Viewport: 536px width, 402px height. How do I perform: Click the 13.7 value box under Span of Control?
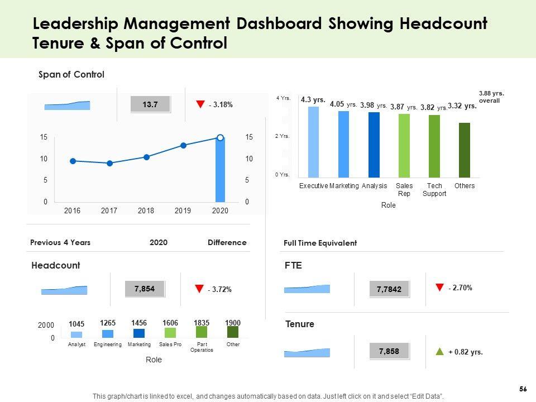point(150,104)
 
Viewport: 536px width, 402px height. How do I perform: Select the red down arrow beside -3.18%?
point(200,104)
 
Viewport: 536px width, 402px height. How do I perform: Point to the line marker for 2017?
point(109,163)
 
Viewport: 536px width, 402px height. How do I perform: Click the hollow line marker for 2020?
point(220,137)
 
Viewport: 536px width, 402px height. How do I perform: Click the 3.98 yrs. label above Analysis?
point(374,105)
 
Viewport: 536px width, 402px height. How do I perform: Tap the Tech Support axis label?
point(434,189)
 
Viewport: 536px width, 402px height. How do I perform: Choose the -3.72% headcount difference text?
point(219,289)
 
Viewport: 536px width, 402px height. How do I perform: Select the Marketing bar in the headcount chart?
point(139,333)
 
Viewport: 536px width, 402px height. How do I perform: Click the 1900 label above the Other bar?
point(233,323)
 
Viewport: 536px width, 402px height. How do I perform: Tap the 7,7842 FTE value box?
point(389,289)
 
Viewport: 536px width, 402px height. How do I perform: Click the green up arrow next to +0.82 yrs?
point(439,352)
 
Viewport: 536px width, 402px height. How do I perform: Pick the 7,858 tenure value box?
point(389,352)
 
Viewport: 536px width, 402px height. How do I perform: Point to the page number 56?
point(523,389)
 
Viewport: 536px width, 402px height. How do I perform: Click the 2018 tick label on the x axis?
point(146,210)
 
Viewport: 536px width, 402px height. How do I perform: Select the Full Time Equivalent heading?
point(320,243)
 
